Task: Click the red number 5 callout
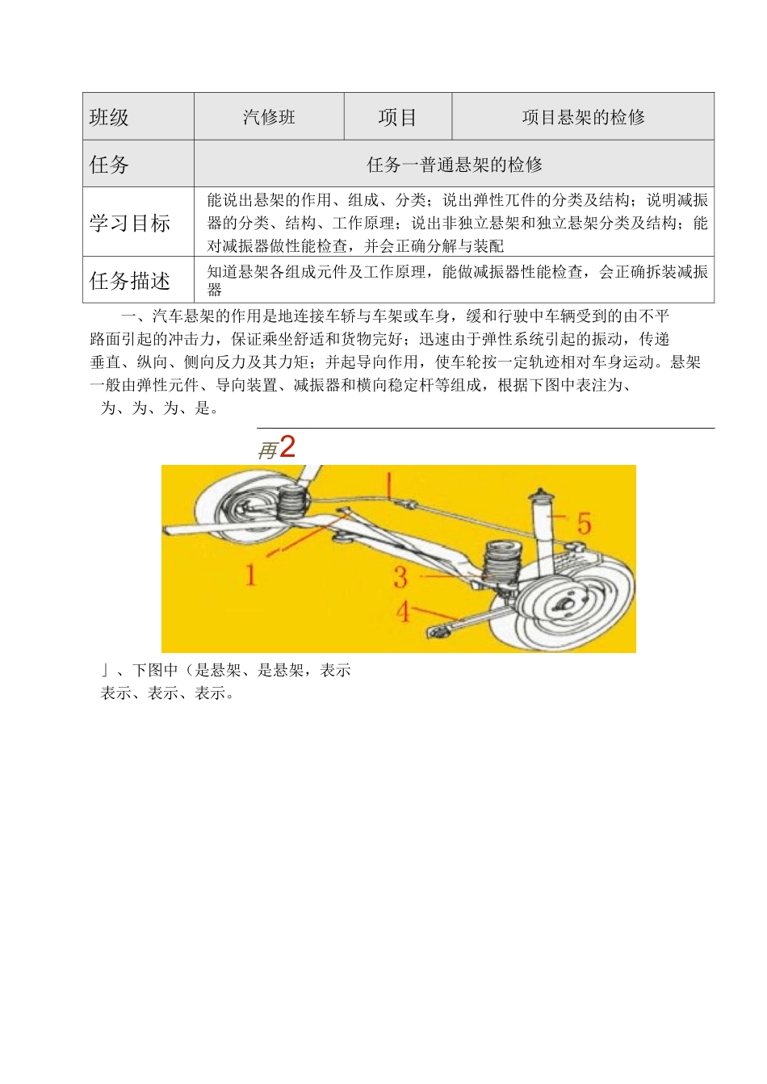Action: coord(584,524)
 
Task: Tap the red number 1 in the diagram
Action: coord(251,575)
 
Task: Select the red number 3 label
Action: coord(400,577)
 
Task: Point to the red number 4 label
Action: coord(403,611)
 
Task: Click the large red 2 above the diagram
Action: coord(287,447)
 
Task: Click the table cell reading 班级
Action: coord(109,118)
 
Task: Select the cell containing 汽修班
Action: coord(269,118)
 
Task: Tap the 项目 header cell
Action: coord(397,118)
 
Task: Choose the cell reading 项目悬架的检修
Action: coord(583,118)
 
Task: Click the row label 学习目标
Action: coord(129,224)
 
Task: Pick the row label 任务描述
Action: coord(129,281)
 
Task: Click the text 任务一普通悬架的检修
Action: coord(454,165)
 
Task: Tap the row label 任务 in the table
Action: coord(109,165)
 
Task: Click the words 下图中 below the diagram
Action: coord(155,670)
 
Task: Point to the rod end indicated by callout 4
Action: coord(441,631)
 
